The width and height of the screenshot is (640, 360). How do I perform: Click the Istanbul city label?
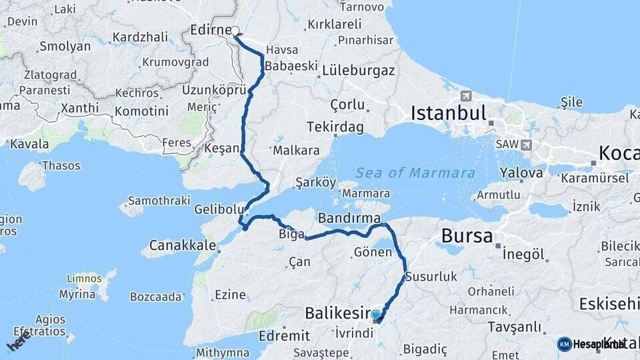pyautogui.click(x=448, y=113)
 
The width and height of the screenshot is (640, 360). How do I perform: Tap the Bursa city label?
pyautogui.click(x=467, y=235)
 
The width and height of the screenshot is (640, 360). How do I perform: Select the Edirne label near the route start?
pyautogui.click(x=210, y=30)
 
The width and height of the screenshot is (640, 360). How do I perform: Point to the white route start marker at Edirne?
pyautogui.click(x=235, y=31)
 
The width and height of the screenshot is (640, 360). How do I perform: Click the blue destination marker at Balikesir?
pyautogui.click(x=376, y=315)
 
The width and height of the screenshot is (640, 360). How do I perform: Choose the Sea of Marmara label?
pyautogui.click(x=415, y=173)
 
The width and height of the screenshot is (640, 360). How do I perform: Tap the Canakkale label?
pyautogui.click(x=182, y=245)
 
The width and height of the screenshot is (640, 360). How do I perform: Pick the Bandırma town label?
pyautogui.click(x=349, y=218)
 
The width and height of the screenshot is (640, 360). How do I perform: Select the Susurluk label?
pyautogui.click(x=430, y=276)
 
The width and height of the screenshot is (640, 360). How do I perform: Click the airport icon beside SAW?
pyautogui.click(x=527, y=145)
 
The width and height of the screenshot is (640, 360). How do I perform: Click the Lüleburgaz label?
pyautogui.click(x=359, y=70)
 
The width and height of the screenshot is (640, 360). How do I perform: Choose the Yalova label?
pyautogui.click(x=521, y=173)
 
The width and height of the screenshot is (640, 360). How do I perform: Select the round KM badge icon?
pyautogui.click(x=564, y=344)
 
